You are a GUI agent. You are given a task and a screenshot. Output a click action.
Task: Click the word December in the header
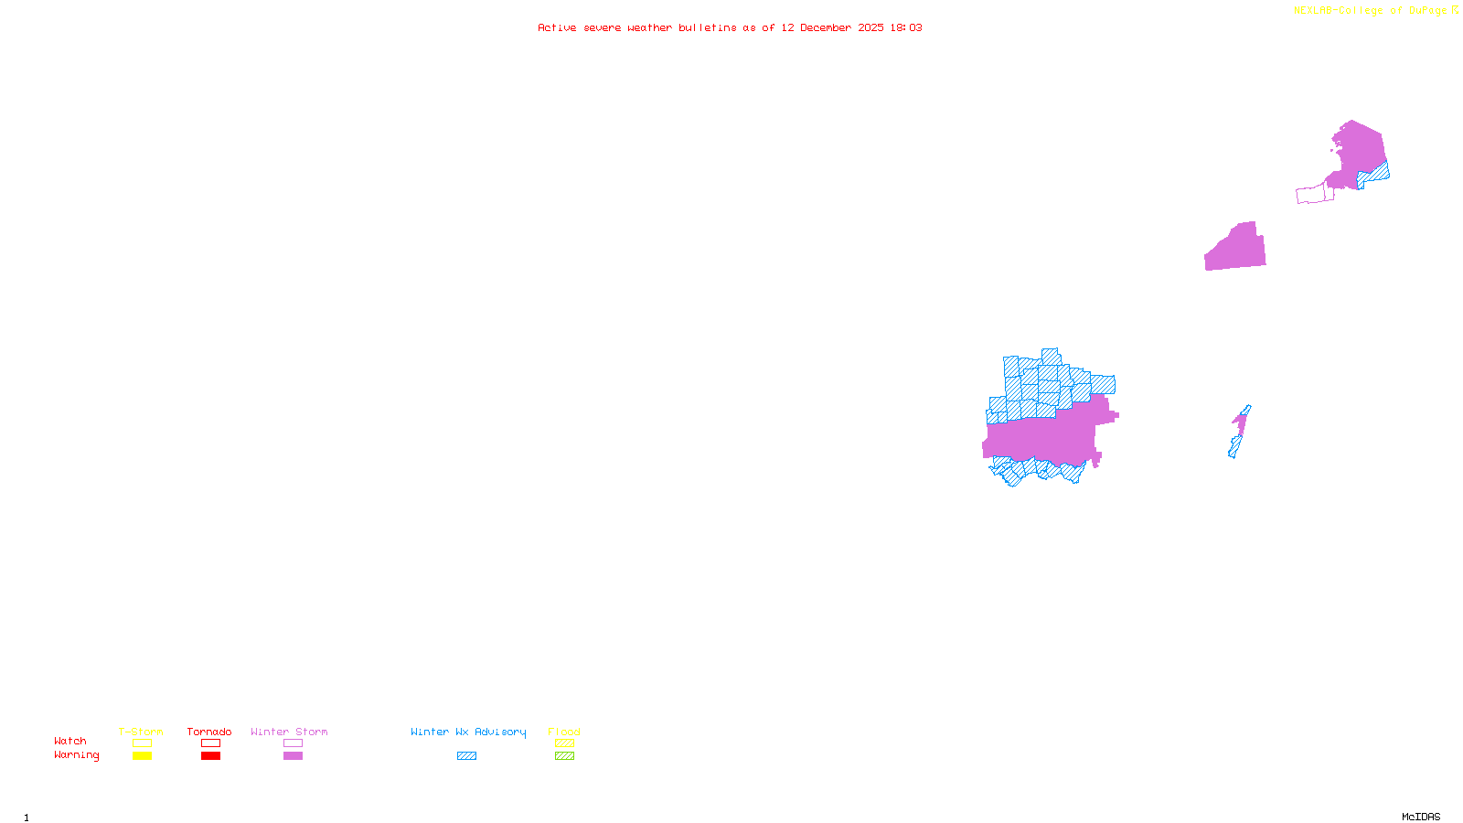pyautogui.click(x=826, y=27)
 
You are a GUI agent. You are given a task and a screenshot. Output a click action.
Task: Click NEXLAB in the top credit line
pyautogui.click(x=1312, y=10)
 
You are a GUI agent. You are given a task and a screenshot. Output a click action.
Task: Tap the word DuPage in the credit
pyautogui.click(x=1427, y=10)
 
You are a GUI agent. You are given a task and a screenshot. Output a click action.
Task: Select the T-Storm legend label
pyautogui.click(x=141, y=732)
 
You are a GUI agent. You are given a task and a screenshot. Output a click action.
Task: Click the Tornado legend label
pyautogui.click(x=209, y=732)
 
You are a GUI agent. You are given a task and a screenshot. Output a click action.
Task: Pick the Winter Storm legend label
pyautogui.click(x=289, y=732)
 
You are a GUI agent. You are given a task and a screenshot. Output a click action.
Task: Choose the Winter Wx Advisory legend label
pyautogui.click(x=468, y=732)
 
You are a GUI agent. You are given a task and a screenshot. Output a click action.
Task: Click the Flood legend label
pyautogui.click(x=564, y=732)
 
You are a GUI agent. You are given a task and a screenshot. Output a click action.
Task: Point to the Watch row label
pyautogui.click(x=70, y=741)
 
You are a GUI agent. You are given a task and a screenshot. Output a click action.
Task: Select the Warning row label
pyautogui.click(x=77, y=755)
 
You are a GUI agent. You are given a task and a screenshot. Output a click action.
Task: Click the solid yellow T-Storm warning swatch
pyautogui.click(x=142, y=756)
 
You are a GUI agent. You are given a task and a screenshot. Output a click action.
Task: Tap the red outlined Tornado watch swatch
pyautogui.click(x=210, y=743)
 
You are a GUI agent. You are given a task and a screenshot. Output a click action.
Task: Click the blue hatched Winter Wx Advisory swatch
pyautogui.click(x=466, y=756)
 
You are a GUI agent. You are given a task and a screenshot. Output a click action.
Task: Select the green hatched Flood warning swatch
pyautogui.click(x=564, y=756)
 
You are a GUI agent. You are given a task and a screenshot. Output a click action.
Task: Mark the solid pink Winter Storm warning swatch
pyautogui.click(x=293, y=756)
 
